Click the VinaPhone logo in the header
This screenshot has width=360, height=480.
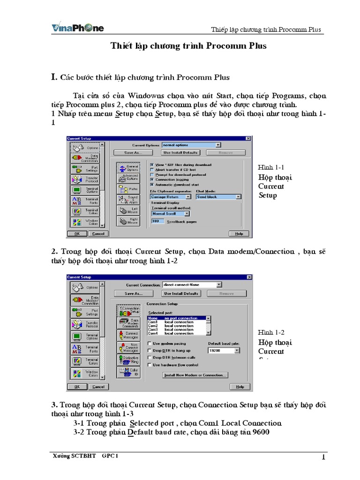(77, 28)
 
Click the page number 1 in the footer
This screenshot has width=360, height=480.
(323, 457)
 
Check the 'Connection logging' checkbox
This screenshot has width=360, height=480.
(151, 179)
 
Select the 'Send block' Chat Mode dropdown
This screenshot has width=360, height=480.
(218, 197)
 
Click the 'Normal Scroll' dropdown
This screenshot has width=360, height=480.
(170, 213)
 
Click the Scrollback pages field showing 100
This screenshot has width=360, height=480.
(158, 221)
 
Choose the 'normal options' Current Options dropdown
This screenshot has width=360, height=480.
(191, 145)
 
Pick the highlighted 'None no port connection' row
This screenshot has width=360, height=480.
(178, 318)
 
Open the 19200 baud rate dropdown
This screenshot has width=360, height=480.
(224, 350)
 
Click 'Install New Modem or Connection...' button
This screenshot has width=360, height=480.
(195, 375)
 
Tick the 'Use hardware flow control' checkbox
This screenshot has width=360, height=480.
(150, 365)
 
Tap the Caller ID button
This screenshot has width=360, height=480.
(127, 373)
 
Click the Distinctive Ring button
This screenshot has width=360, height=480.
(127, 360)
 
